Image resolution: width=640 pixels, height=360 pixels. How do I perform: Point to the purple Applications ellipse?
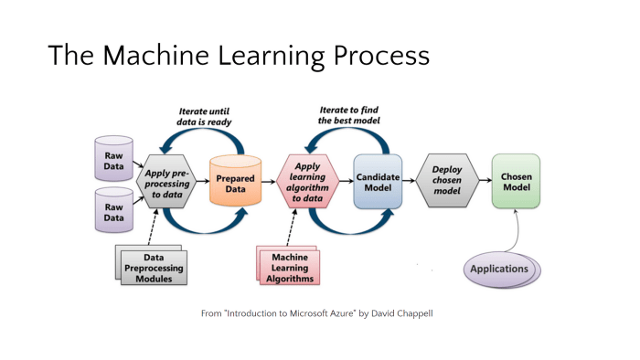[499, 270]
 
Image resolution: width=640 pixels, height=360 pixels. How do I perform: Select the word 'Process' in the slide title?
[376, 57]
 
